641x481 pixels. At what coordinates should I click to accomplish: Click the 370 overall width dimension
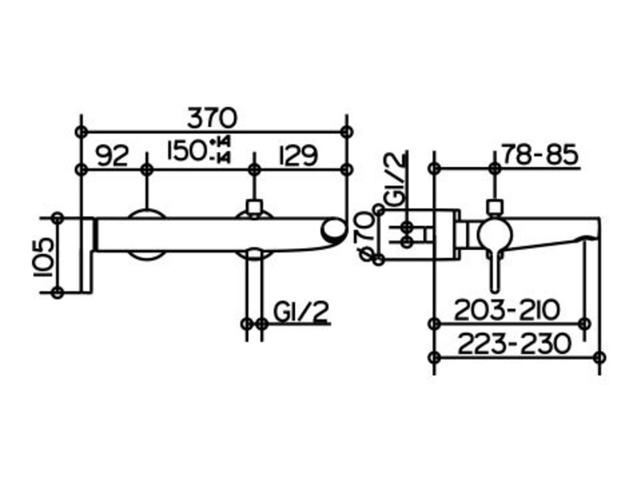tap(212, 117)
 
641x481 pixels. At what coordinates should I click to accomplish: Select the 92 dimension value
tap(112, 156)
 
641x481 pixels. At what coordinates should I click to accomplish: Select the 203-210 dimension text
tap(507, 310)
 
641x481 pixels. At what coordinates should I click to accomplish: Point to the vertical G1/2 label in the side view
tap(397, 180)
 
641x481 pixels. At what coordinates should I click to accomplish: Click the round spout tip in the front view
tap(333, 230)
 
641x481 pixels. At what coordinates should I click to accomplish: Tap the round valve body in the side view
tap(494, 235)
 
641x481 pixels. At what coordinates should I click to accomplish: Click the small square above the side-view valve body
tap(494, 207)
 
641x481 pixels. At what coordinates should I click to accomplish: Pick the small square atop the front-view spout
tap(254, 207)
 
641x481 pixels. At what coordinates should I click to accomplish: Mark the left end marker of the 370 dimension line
tap(81, 131)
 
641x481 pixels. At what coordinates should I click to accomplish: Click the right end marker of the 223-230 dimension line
tap(599, 357)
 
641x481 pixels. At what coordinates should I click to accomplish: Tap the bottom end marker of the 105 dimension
tap(58, 292)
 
